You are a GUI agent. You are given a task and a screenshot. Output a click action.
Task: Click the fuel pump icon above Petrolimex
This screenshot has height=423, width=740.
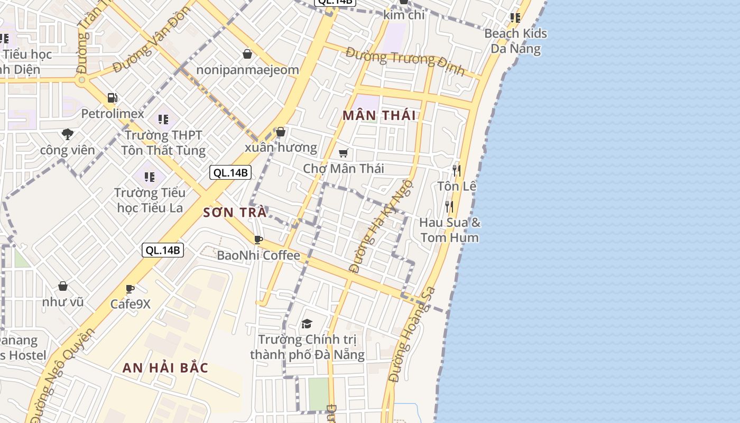(112, 97)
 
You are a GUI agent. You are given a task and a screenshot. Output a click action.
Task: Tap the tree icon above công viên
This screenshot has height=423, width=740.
(67, 134)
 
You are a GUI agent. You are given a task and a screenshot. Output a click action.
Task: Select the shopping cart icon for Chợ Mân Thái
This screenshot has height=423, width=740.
(344, 153)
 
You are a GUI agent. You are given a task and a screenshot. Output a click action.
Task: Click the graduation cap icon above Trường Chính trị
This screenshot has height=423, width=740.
(307, 324)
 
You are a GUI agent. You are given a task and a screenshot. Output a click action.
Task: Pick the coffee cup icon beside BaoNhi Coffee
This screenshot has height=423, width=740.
(258, 240)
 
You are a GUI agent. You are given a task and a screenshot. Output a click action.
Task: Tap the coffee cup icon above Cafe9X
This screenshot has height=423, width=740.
(130, 289)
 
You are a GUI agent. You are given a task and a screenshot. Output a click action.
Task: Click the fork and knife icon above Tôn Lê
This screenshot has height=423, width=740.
(457, 170)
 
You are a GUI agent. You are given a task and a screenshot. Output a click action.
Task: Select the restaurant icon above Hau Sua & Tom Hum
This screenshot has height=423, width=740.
(449, 206)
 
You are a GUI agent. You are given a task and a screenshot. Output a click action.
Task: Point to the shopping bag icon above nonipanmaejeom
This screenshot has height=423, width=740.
(247, 53)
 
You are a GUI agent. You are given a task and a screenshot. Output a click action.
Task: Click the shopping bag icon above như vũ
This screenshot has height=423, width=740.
(63, 286)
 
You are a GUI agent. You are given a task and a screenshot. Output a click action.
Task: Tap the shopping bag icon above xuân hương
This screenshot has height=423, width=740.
(281, 132)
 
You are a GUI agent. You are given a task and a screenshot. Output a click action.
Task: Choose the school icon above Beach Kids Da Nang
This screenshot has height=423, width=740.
(515, 18)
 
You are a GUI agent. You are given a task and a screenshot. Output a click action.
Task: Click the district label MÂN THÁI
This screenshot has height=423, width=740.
(379, 115)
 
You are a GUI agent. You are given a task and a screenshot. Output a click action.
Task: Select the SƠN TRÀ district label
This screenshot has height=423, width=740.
(235, 213)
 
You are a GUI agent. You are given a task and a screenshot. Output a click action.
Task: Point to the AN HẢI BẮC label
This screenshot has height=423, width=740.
(165, 367)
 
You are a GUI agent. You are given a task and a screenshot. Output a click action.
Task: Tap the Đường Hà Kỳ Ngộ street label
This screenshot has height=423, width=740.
(381, 226)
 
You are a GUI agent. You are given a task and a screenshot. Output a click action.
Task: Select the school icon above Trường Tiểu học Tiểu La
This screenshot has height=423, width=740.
(150, 177)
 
